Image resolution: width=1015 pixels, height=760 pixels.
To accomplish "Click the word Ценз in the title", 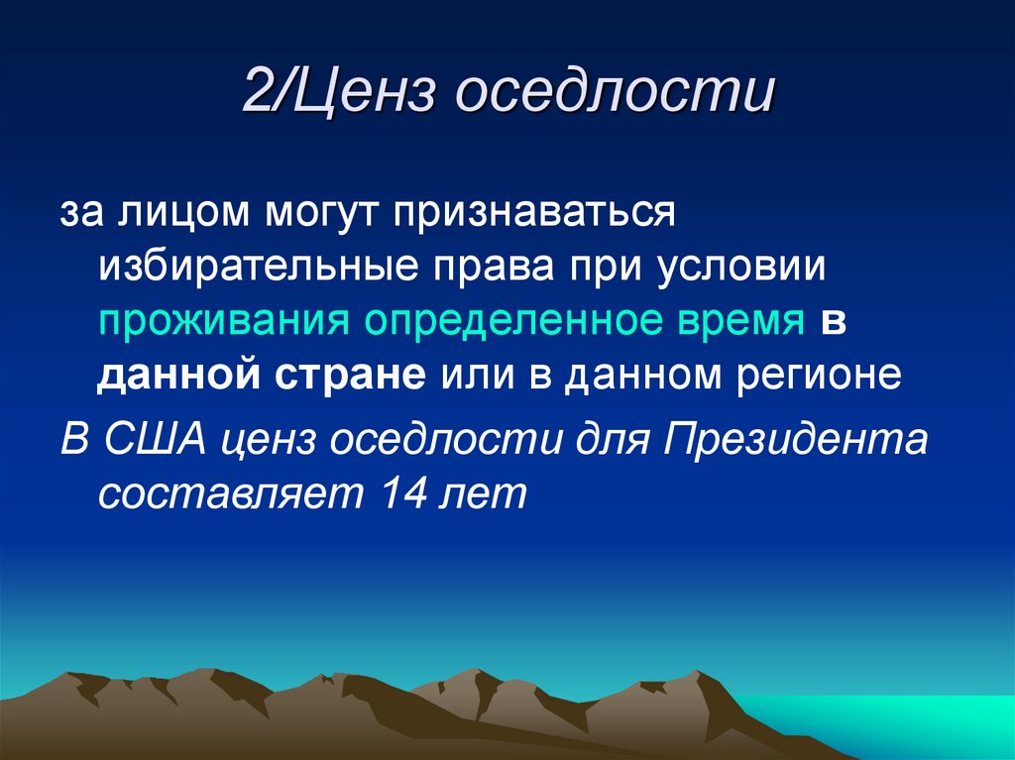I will coord(364,96).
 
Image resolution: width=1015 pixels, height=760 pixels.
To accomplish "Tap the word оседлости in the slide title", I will coord(615,96).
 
